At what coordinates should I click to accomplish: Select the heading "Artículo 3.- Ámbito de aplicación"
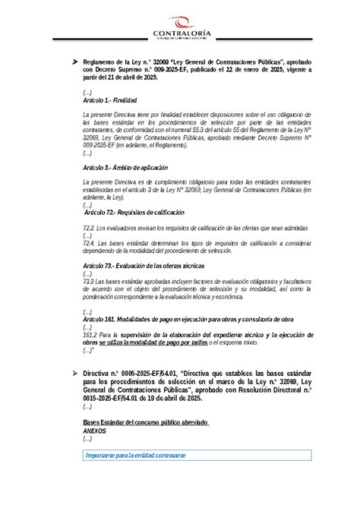(x=125, y=167)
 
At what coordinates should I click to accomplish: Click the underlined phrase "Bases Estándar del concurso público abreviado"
(x=144, y=421)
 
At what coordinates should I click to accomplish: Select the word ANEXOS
(x=95, y=430)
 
